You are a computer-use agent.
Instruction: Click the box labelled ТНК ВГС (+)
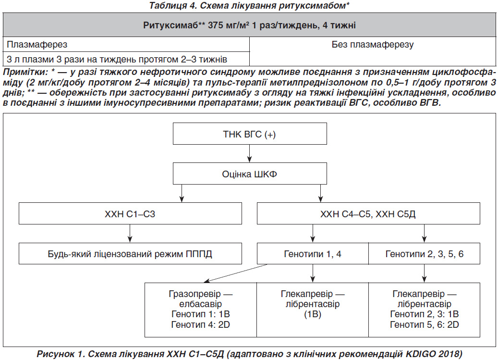(250, 134)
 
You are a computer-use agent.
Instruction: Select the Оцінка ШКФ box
(250, 174)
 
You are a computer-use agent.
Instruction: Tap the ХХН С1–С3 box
(130, 213)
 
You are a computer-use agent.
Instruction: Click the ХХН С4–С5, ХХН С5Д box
(368, 213)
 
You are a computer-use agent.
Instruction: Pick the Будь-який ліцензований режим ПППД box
(130, 254)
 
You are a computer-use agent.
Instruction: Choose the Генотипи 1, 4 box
(313, 254)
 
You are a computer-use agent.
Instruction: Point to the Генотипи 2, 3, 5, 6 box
(425, 254)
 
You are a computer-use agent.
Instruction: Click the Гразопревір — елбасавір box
(201, 310)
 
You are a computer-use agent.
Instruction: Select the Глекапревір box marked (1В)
(313, 310)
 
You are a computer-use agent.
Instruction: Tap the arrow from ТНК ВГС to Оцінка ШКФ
(250, 154)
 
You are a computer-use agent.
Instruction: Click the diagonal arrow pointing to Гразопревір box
(236, 273)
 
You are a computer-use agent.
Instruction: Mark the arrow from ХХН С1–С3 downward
(130, 234)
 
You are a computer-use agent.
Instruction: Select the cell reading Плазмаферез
(126, 45)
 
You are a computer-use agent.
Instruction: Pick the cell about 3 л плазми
(126, 59)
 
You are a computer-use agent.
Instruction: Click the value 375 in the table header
(216, 25)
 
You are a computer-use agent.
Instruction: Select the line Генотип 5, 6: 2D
(425, 324)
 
